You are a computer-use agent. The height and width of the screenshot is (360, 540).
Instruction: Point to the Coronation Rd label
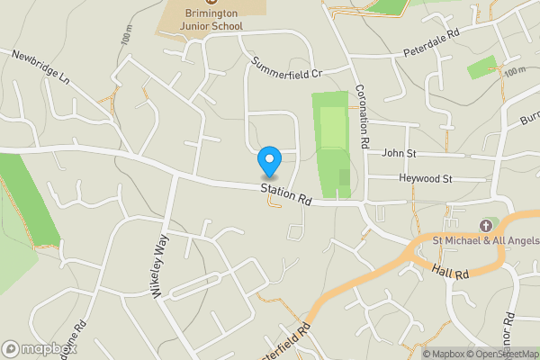pos(363,118)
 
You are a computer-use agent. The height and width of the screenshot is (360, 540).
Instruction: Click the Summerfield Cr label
pos(287,67)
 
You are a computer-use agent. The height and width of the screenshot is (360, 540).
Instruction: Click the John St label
pos(400,153)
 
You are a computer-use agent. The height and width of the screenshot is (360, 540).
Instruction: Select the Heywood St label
pos(427,179)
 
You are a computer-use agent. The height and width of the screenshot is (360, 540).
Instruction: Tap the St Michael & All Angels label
pos(485,240)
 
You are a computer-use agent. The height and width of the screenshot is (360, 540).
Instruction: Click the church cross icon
pos(487,224)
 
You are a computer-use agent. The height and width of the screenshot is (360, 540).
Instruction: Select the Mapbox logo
pos(38,348)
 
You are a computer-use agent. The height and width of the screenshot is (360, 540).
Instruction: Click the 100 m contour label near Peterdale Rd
pos(514,71)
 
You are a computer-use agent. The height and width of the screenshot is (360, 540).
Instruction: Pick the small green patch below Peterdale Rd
pos(481,67)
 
